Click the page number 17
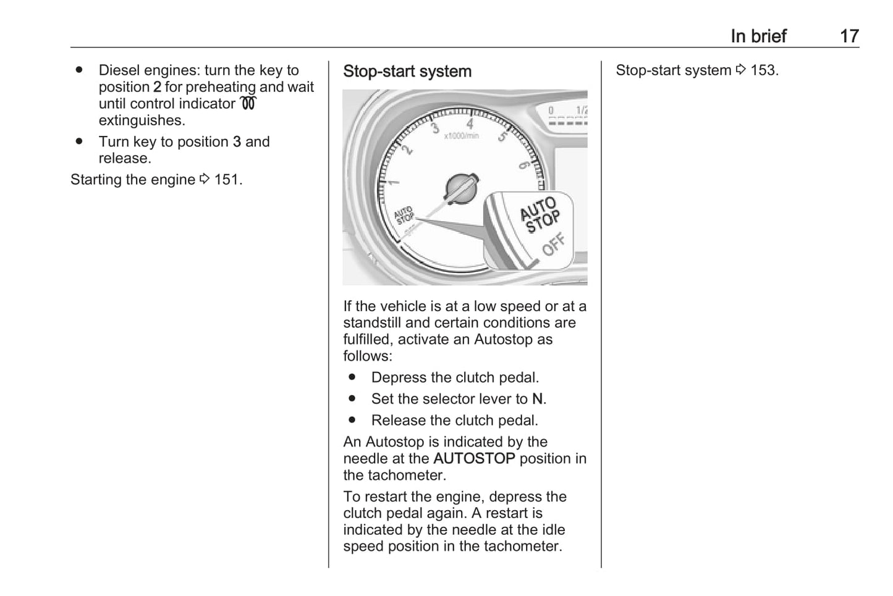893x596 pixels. pyautogui.click(x=849, y=36)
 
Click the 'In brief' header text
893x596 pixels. pyautogui.click(x=758, y=36)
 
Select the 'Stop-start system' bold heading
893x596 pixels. pyautogui.click(x=407, y=72)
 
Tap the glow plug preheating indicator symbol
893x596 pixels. pyautogui.click(x=248, y=104)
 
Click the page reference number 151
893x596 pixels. pyautogui.click(x=226, y=180)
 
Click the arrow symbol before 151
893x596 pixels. pyautogui.click(x=205, y=179)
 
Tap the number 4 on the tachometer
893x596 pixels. pyautogui.click(x=470, y=124)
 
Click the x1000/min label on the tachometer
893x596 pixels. pyautogui.click(x=461, y=135)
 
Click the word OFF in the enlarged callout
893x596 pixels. pyautogui.click(x=553, y=244)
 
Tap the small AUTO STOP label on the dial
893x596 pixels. pyautogui.click(x=404, y=216)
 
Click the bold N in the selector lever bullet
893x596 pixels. pyautogui.click(x=538, y=399)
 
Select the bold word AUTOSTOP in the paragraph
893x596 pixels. pyautogui.click(x=474, y=458)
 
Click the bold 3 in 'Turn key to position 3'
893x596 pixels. pyautogui.click(x=237, y=142)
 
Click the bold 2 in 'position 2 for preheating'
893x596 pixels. pyautogui.click(x=157, y=87)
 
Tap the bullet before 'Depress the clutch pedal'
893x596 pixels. pyautogui.click(x=352, y=377)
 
